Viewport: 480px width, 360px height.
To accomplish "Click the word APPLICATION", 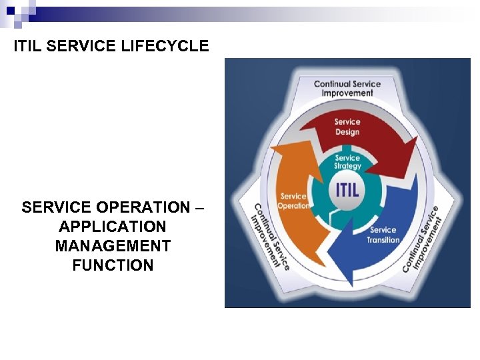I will pyautogui.click(x=113, y=227).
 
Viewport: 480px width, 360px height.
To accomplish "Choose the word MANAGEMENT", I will pyautogui.click(x=113, y=246).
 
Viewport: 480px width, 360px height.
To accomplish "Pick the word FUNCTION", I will pyautogui.click(x=113, y=265).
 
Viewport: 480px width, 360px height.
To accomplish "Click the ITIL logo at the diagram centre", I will pyautogui.click(x=347, y=189).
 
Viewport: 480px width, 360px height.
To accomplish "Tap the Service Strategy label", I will pyautogui.click(x=347, y=162).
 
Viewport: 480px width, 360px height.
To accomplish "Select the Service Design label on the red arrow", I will pyautogui.click(x=347, y=127).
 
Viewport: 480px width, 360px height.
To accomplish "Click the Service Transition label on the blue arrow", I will pyautogui.click(x=383, y=235).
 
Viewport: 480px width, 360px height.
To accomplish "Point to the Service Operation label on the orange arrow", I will pyautogui.click(x=293, y=201).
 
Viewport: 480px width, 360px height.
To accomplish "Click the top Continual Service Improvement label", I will pyautogui.click(x=347, y=88).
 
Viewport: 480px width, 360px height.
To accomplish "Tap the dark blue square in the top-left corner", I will pyautogui.click(x=11, y=11).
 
